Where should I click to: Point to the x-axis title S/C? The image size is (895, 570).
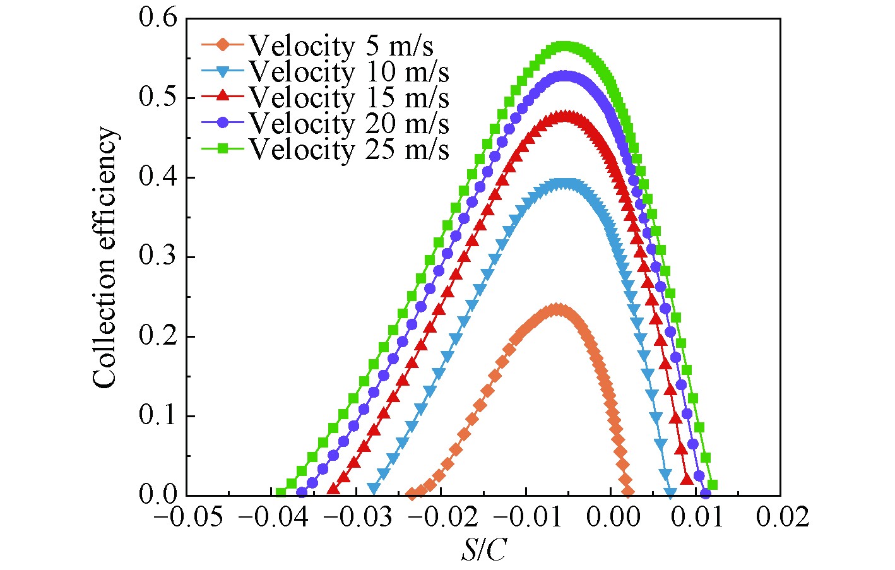coord(483,550)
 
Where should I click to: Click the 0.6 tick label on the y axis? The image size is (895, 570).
coord(158,18)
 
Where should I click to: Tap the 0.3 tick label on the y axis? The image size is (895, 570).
coord(158,257)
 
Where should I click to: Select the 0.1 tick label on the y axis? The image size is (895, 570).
coord(158,416)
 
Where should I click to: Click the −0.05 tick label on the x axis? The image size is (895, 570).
coord(188,518)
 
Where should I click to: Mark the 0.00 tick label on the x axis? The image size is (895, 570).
coord(610,518)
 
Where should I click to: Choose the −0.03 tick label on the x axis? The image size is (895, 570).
coord(357,518)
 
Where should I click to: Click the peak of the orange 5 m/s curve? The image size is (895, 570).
coord(556,309)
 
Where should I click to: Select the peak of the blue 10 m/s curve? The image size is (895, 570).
coord(566,184)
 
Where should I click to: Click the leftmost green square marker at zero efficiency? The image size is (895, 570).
coord(281,493)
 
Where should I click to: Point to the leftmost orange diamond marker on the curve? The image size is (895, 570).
coord(412,494)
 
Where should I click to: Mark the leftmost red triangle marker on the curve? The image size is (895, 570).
coord(333,489)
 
